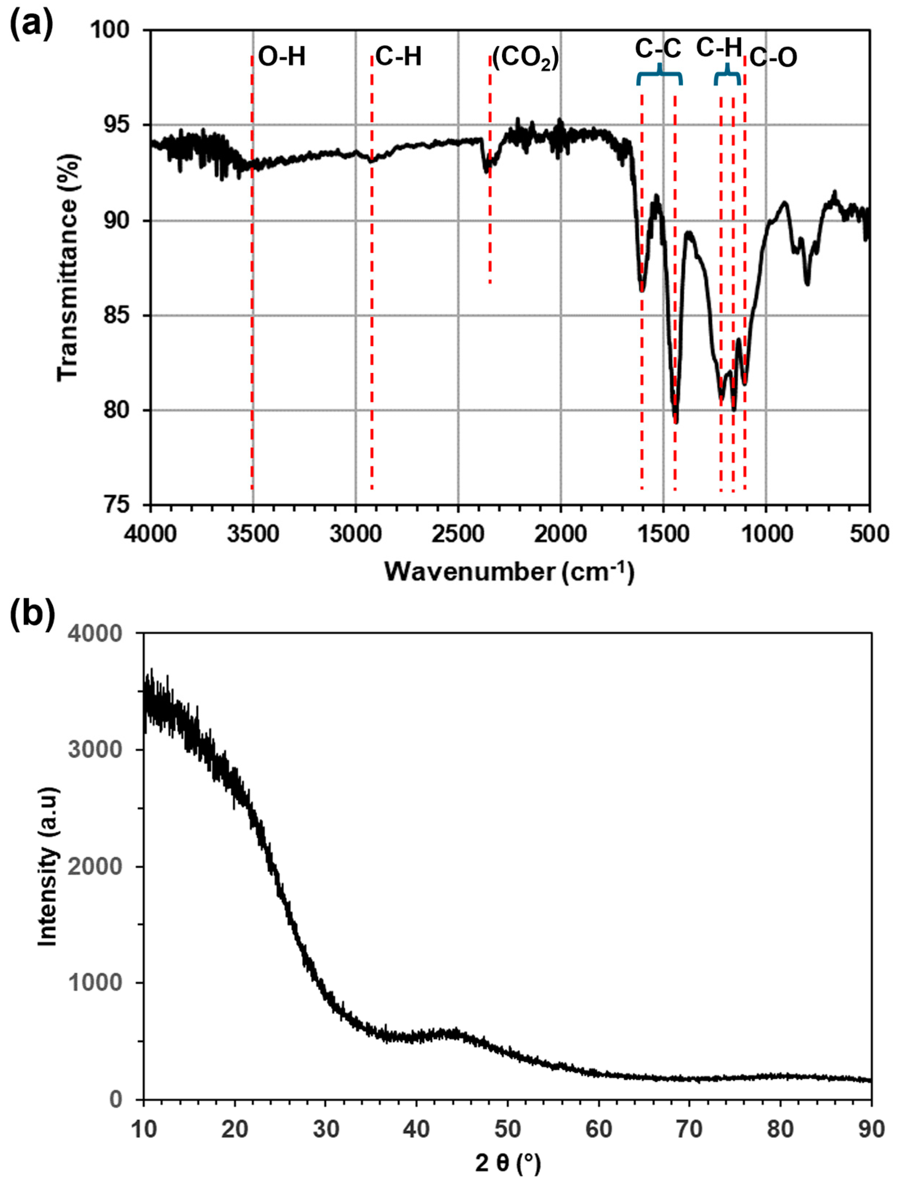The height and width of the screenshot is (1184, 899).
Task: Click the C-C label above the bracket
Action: [x=658, y=49]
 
